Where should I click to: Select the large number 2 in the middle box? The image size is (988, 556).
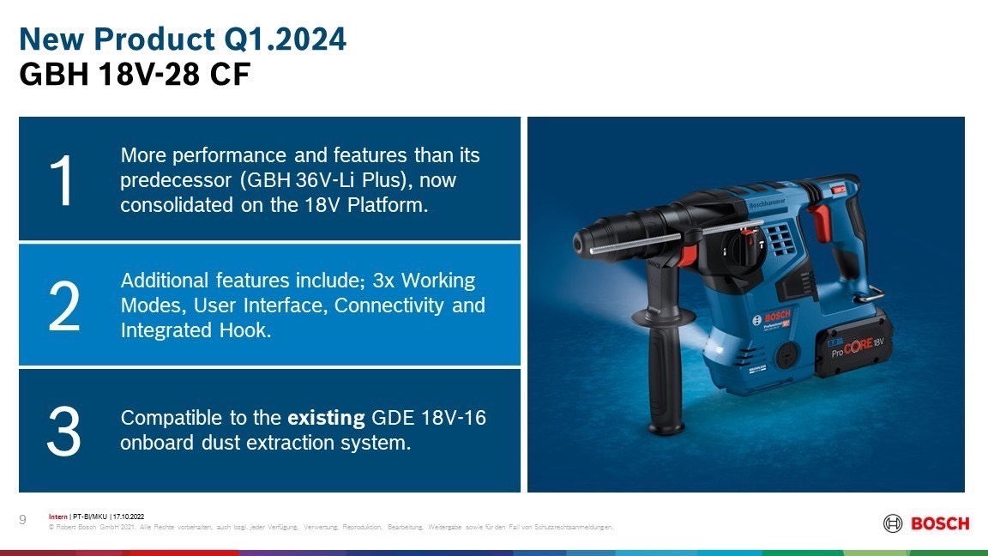[x=64, y=305]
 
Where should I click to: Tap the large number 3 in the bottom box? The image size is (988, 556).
[x=63, y=431]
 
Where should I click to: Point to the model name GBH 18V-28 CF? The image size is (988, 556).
[x=134, y=75]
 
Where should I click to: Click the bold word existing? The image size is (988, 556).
[x=326, y=418]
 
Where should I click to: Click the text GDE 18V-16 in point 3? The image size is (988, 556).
[x=430, y=418]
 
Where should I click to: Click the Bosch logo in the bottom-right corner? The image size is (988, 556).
[x=926, y=523]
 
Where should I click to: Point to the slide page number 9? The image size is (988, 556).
[x=23, y=518]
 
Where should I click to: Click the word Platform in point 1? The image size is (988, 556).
[x=390, y=206]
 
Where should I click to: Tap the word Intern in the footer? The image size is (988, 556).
[x=58, y=517]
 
